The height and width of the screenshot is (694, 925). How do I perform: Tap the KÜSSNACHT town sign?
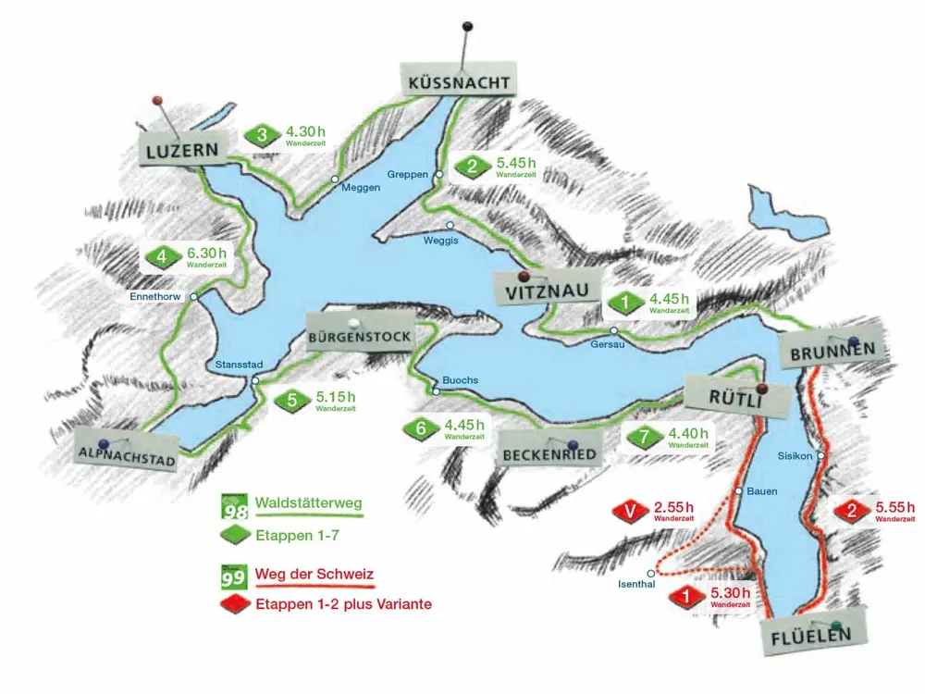tap(458, 82)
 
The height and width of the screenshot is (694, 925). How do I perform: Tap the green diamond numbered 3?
tap(263, 136)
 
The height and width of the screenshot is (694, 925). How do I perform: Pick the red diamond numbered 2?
tap(851, 511)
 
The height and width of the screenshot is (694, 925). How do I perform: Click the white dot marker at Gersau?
tap(613, 331)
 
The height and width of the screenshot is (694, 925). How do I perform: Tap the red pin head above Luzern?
tap(157, 99)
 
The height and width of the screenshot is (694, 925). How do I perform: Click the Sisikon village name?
tap(795, 456)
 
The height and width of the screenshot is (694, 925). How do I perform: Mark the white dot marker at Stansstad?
tap(254, 380)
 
